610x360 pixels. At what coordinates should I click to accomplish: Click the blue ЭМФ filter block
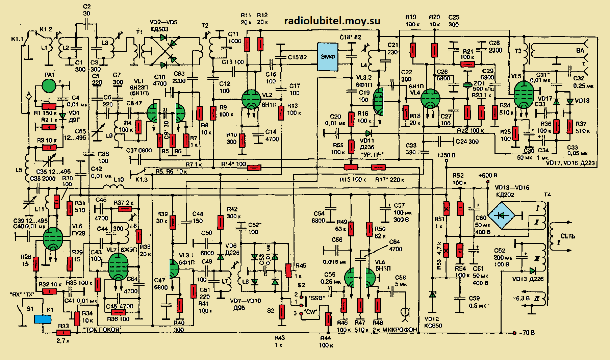pyautogui.click(x=328, y=57)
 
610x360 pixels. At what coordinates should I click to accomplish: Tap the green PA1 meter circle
pyautogui.click(x=49, y=86)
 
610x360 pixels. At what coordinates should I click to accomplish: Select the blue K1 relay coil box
pyautogui.click(x=43, y=319)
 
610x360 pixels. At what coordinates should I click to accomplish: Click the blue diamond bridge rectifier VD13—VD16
pyautogui.click(x=502, y=215)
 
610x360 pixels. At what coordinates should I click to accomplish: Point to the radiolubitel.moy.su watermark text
pyautogui.click(x=332, y=21)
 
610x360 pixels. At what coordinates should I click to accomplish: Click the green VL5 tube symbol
pyautogui.click(x=523, y=95)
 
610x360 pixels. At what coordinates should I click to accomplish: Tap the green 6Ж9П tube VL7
pyautogui.click(x=118, y=267)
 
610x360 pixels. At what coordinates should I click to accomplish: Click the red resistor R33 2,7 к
pyautogui.click(x=63, y=333)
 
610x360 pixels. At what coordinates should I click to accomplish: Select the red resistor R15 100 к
pyautogui.click(x=351, y=167)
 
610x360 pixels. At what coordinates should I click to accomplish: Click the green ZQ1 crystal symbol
pyautogui.click(x=467, y=85)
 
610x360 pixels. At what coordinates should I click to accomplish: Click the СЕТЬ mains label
pyautogui.click(x=567, y=236)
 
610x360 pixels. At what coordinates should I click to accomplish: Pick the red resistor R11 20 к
pyautogui.click(x=247, y=44)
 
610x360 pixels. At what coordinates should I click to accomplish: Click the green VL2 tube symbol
pyautogui.click(x=252, y=99)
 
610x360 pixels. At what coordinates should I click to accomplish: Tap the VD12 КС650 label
pyautogui.click(x=433, y=322)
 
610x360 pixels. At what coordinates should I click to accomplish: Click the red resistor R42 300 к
pyautogui.click(x=220, y=223)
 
